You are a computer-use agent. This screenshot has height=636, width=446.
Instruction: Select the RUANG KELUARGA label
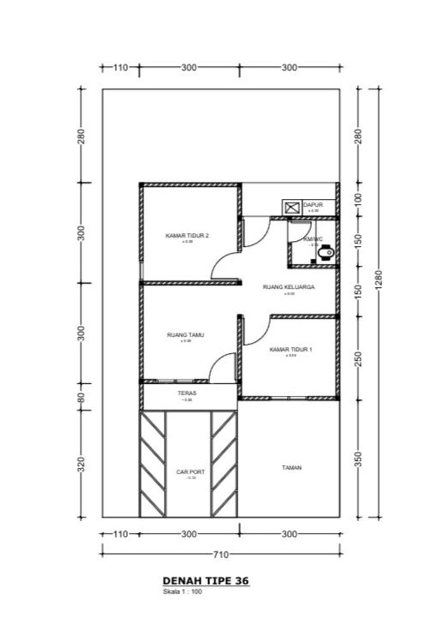click(x=289, y=287)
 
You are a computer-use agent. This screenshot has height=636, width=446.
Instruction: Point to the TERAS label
click(x=187, y=394)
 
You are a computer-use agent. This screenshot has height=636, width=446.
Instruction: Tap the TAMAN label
click(x=292, y=468)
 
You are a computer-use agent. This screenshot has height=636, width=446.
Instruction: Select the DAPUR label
click(x=313, y=205)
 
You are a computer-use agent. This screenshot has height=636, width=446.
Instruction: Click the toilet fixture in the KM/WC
click(x=325, y=255)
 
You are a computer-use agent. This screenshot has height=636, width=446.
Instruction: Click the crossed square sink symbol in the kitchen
click(x=292, y=207)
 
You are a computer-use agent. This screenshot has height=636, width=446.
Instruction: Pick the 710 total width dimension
click(x=220, y=554)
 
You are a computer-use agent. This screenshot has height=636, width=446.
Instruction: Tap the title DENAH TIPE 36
click(x=206, y=581)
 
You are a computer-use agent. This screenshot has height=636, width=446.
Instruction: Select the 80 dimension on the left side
click(x=81, y=396)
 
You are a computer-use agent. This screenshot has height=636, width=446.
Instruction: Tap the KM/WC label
click(x=313, y=239)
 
